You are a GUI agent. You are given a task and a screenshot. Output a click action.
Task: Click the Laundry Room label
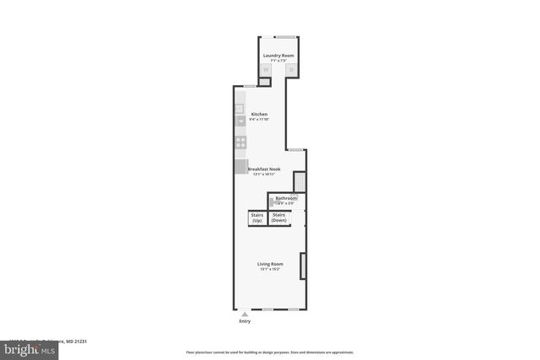pos(278,56)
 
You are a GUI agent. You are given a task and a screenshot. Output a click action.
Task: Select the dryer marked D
pos(290,70)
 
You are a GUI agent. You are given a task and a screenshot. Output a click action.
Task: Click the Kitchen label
pos(259,114)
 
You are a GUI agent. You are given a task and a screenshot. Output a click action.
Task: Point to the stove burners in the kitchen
pos(240,142)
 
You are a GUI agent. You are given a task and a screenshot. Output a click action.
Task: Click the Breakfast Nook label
pos(263,169)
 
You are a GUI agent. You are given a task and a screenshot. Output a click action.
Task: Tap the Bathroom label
pos(286,198)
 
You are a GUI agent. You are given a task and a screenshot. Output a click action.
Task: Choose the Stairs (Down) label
pos(278,218)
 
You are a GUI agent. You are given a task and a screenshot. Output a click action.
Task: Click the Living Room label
pos(270,264)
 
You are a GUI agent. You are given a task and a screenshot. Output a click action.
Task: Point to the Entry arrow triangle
pos(245,313)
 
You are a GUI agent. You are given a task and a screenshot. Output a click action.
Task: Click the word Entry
pos(245,320)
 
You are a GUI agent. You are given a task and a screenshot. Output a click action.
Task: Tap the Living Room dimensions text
pos(270,269)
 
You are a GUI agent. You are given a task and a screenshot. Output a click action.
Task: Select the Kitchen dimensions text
pos(259,119)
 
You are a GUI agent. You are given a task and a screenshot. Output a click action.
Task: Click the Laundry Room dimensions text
pos(278,61)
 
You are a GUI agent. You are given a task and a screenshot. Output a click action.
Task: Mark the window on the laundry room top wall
pos(286,36)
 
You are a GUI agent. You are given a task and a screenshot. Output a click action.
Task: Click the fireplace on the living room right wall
pos(302,265)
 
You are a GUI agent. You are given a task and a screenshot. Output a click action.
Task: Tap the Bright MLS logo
pos(30,347)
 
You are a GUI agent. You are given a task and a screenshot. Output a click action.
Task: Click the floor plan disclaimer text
pos(270,352)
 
